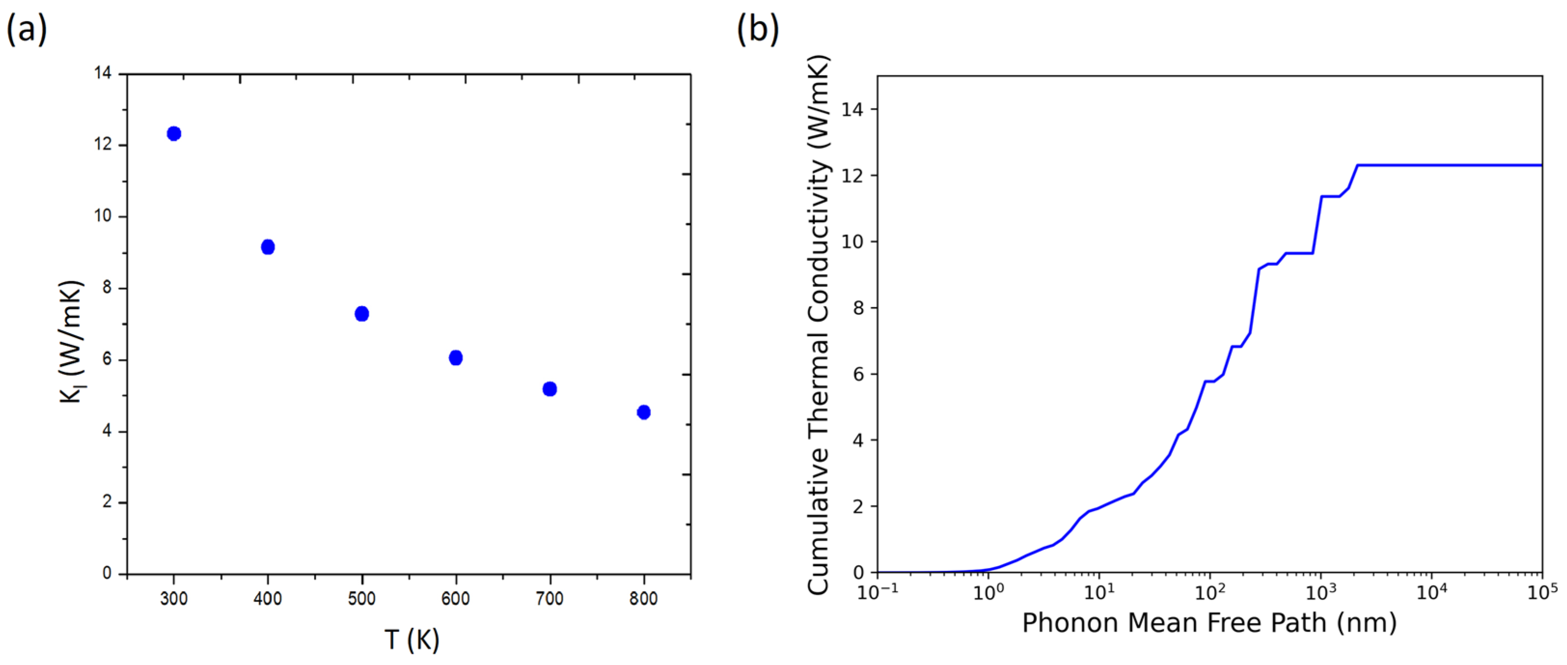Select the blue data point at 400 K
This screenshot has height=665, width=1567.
point(268,247)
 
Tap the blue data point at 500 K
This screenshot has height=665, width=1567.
point(362,314)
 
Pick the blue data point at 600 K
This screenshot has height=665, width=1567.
point(456,358)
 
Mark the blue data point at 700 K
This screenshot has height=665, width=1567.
point(549,389)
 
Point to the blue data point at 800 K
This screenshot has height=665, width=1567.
point(643,412)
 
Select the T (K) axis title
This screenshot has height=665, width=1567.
point(412,639)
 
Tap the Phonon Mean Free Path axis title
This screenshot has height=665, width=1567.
point(1209,623)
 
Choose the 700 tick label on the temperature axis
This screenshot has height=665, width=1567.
point(549,598)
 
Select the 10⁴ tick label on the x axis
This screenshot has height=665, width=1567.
point(1432,591)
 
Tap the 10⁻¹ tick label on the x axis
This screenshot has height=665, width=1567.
point(877,591)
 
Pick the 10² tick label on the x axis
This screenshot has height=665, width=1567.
point(1210,591)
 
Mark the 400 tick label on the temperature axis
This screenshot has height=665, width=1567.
point(268,598)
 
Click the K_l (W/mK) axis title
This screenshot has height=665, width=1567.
point(71,341)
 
